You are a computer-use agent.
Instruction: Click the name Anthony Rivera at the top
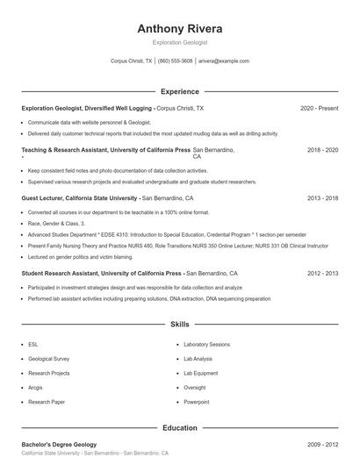point(180,28)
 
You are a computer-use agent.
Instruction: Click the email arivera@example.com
point(224,61)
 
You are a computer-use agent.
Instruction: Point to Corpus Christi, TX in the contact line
point(131,61)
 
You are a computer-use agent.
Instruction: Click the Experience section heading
point(180,91)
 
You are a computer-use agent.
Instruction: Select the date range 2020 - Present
point(319,108)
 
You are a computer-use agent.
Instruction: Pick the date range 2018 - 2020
point(322,150)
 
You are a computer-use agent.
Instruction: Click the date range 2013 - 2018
point(322,198)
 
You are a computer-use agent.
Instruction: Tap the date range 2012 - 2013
point(322,273)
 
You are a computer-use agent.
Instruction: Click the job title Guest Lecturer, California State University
point(80,198)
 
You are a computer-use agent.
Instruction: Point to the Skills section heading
point(180,324)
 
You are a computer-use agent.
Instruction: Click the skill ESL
point(32,345)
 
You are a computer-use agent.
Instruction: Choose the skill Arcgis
point(36,387)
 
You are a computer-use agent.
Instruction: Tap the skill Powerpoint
point(197,401)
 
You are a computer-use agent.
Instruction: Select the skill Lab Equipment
point(200,373)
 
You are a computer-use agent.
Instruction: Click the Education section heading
point(180,427)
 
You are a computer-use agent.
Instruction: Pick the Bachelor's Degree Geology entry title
point(59,444)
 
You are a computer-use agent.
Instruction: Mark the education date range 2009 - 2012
point(322,444)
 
